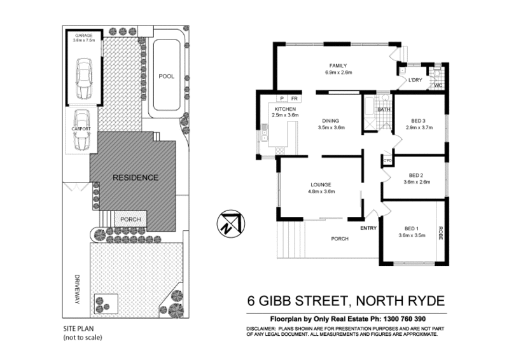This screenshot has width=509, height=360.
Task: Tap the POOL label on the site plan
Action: pos(166,76)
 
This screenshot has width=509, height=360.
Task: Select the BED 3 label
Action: pos(417,120)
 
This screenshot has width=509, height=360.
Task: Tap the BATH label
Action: pos(384,110)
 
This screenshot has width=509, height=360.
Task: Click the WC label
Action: pos(437,85)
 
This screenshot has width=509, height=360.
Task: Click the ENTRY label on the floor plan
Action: pos(368,227)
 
